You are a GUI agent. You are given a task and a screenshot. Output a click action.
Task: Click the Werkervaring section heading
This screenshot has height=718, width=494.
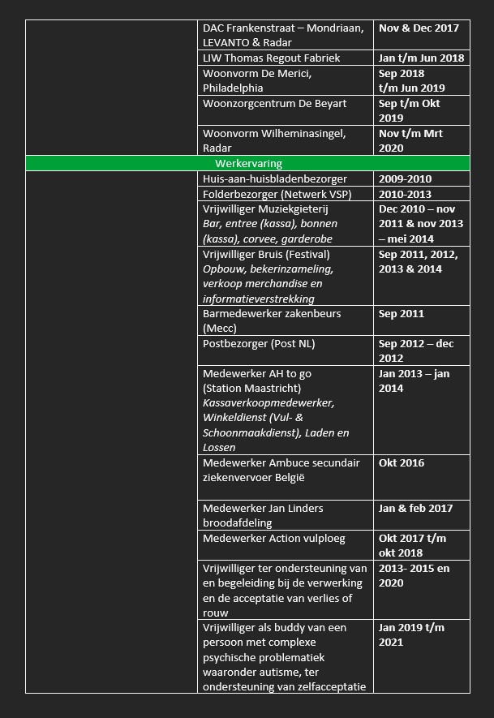click(x=248, y=164)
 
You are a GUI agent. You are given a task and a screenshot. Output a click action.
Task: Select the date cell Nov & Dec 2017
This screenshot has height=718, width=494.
click(x=419, y=28)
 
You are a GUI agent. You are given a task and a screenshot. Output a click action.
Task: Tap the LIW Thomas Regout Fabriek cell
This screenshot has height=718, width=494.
click(x=271, y=58)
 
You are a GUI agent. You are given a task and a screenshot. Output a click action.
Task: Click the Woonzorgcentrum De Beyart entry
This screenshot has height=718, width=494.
click(x=274, y=103)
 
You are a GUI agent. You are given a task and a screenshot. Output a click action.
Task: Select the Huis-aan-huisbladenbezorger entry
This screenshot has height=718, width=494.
click(x=274, y=178)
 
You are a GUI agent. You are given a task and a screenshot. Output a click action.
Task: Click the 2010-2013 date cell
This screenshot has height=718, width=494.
click(x=405, y=194)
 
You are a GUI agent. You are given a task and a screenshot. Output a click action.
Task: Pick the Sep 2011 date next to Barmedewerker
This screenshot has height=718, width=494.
click(x=401, y=314)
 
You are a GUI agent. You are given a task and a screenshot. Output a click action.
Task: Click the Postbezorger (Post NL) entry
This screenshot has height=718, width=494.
click(x=259, y=344)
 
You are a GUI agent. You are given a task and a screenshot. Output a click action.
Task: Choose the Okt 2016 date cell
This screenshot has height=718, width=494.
click(x=401, y=463)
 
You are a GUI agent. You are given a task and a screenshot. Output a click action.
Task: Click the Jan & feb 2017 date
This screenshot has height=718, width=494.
click(x=414, y=509)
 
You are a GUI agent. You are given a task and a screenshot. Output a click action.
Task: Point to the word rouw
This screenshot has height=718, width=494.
click(x=215, y=613)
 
